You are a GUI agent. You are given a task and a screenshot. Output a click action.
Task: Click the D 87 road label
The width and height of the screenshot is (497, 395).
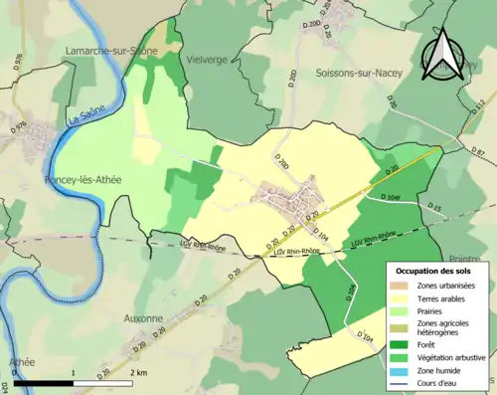coord(478,151)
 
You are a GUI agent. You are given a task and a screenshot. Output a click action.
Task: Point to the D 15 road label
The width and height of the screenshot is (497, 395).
coord(434,207)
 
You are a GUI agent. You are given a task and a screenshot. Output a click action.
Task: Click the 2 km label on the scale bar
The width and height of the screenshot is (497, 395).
coord(140,371)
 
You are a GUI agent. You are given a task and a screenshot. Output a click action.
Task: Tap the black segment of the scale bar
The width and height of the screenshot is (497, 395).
coord(46,383)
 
